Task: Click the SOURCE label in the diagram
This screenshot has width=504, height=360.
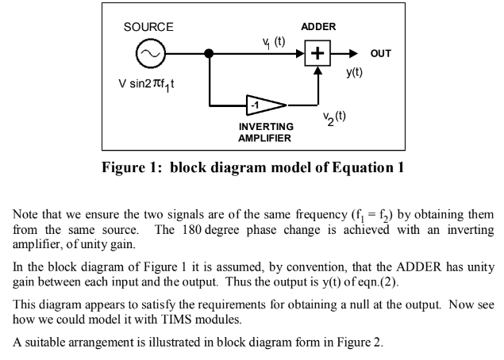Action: click(x=148, y=27)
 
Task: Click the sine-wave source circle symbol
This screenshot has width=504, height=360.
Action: click(x=149, y=54)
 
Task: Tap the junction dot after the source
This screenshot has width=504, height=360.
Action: click(x=209, y=54)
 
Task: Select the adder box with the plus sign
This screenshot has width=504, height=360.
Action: click(x=318, y=54)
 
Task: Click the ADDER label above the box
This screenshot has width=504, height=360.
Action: click(x=319, y=27)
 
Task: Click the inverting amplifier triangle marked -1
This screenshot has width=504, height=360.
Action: click(x=263, y=105)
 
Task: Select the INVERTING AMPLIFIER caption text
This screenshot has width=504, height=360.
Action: click(x=266, y=132)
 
